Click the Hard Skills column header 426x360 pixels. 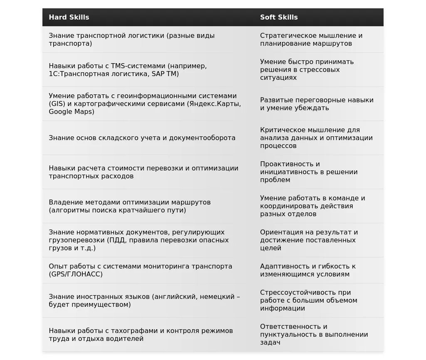click(x=69, y=17)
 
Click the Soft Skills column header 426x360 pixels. click(x=279, y=17)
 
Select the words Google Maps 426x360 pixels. click(x=72, y=112)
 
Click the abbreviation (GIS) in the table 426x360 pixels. click(x=57, y=104)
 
